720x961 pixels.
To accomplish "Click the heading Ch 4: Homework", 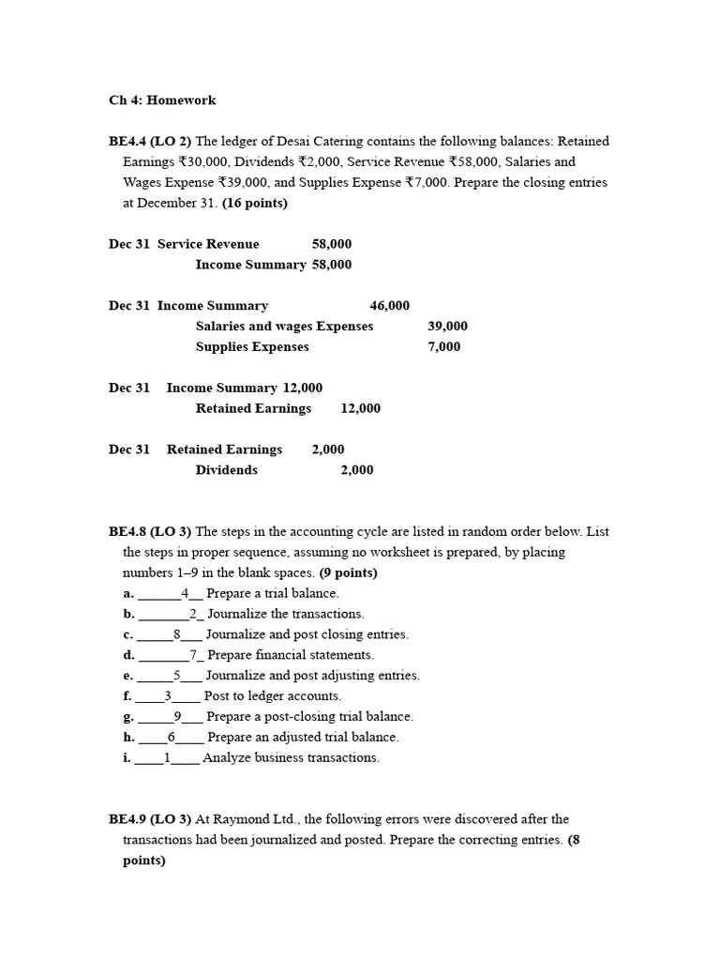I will coord(162,100).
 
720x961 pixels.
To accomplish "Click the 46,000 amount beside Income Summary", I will coord(389,306).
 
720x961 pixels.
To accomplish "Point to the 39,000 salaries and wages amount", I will coord(447,327).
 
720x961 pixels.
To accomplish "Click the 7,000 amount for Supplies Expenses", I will coord(443,347).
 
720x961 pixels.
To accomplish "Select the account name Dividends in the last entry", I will coord(226,470).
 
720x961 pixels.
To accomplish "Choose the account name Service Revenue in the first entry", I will coord(208,244).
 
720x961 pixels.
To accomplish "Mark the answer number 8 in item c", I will coord(176,635).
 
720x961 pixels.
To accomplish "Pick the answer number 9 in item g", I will coord(177,717).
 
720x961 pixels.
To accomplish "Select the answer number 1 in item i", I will coord(168,758).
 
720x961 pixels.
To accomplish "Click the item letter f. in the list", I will coord(127,696).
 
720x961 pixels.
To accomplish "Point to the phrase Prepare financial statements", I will coord(290,655).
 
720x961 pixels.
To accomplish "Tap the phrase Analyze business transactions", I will coord(291,758).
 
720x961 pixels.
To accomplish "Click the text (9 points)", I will coord(349,573).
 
